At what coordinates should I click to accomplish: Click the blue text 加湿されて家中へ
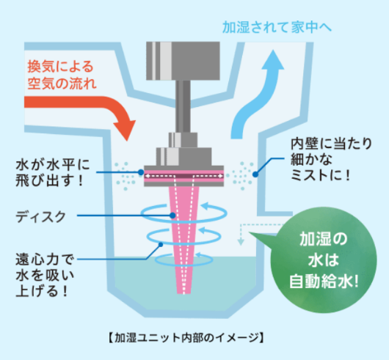coord(277,27)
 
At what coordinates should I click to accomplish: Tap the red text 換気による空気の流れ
coord(62,75)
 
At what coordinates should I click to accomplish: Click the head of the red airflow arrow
coord(126,129)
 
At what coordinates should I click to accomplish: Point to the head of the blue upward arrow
coord(273,60)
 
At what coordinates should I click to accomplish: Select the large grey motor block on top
coord(183,61)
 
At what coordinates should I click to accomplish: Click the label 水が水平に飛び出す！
coord(53,173)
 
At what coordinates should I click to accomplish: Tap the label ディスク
coord(40,217)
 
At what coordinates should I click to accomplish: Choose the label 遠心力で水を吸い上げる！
coord(45,275)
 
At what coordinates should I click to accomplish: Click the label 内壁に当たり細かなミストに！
coord(331,159)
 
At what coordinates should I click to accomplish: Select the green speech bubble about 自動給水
coord(322,260)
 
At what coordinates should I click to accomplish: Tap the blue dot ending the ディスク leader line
coord(172,216)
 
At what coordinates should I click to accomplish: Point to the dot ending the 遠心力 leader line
coord(161,245)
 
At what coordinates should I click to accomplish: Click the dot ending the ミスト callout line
coord(255,175)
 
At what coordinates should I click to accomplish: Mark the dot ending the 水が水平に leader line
coord(141,172)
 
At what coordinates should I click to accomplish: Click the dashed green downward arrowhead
coord(241,242)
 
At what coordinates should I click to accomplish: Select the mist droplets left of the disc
coord(126,176)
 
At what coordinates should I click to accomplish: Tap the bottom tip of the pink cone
coord(183,293)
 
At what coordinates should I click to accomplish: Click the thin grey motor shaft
coord(183,106)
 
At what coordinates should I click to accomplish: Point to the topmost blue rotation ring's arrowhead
coord(205,206)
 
